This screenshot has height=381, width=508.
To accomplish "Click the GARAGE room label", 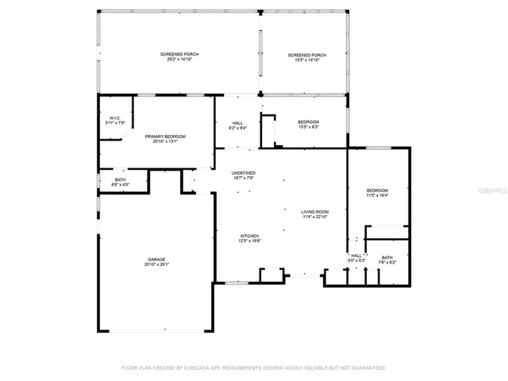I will point(156,259).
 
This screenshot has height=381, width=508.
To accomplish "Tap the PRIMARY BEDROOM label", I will point(164,137).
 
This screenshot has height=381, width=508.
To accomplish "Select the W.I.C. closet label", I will point(116,117).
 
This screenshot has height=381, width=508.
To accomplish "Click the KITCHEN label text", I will point(250,236).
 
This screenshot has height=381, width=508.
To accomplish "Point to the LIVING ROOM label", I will point(314,211).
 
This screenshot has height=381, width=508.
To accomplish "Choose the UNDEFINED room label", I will point(243,172).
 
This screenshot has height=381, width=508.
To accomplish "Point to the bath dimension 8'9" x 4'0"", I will point(121,185).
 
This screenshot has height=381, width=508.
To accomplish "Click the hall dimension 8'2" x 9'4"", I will point(237,127).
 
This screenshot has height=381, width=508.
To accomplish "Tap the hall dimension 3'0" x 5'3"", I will point(356,260).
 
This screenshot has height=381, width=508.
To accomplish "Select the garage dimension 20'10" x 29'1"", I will point(156,264).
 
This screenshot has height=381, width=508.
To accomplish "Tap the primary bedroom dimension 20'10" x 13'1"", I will point(164,142).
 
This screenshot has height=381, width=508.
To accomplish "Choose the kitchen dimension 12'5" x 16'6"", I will point(250,241).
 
